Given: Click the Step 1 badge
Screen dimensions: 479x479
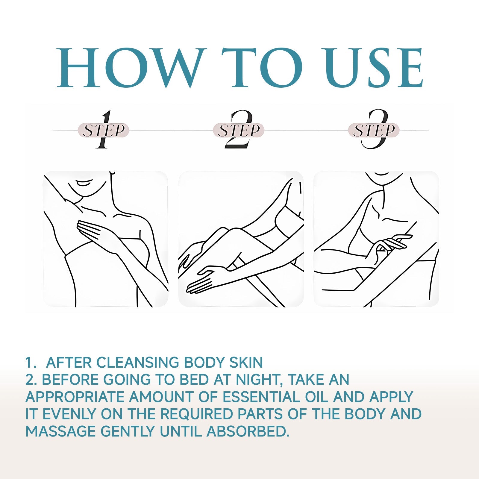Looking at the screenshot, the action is pyautogui.click(x=104, y=130).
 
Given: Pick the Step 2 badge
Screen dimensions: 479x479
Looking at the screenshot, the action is pyautogui.click(x=239, y=130).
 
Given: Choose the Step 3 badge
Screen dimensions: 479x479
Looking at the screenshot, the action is pyautogui.click(x=374, y=130).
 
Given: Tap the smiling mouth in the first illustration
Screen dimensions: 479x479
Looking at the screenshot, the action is pyautogui.click(x=84, y=183).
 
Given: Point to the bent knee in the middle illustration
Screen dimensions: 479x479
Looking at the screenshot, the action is pyautogui.click(x=223, y=234).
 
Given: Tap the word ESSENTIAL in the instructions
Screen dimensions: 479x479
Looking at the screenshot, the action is pyautogui.click(x=260, y=397).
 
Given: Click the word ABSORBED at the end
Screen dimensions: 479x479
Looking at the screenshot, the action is pyautogui.click(x=248, y=431).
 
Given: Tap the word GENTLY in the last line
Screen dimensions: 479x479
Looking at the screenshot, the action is pyautogui.click(x=128, y=431).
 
